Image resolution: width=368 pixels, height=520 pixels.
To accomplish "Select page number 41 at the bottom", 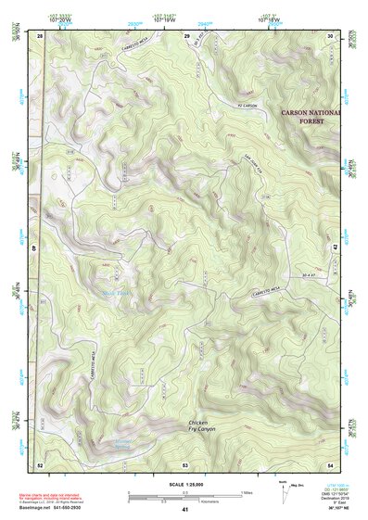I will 185,510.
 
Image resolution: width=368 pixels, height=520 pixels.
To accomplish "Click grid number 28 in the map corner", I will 40,34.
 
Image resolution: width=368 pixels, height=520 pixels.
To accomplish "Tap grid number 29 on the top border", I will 186,34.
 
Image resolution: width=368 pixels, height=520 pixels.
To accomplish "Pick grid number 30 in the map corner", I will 332,34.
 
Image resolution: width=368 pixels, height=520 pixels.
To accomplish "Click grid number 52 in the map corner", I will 40,463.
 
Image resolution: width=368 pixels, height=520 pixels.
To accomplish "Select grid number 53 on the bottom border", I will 185,463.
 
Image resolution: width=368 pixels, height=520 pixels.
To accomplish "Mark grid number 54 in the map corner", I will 332,463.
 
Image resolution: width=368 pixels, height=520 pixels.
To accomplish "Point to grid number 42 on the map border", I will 335,248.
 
